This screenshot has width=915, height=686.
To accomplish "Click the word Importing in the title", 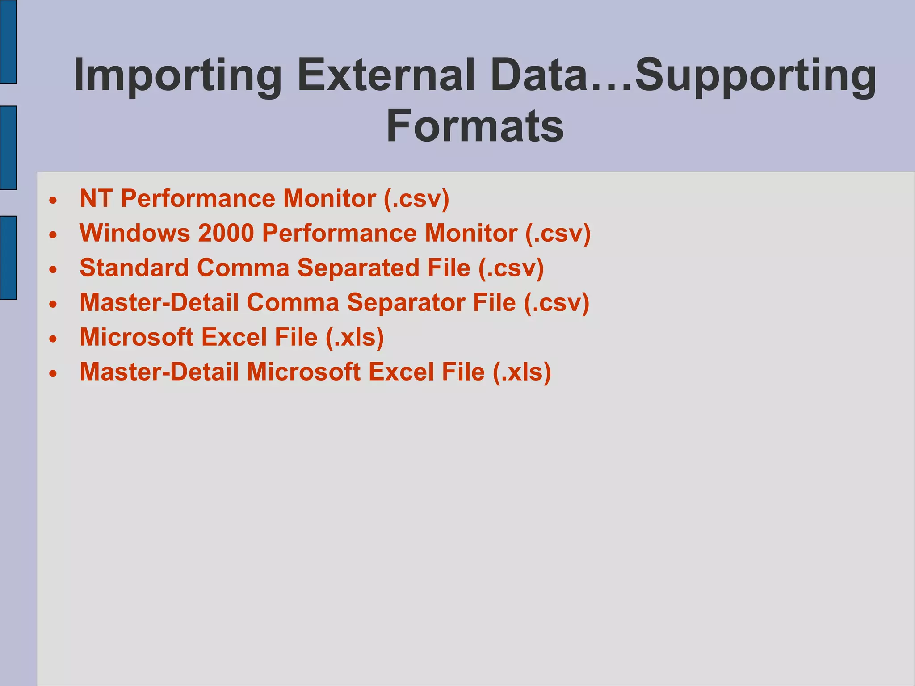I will pos(177,76).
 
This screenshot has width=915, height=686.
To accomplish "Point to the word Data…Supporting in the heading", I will pos(683,76).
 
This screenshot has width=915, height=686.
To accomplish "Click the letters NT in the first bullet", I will pos(95,198).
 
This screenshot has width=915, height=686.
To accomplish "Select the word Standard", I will pos(134,268).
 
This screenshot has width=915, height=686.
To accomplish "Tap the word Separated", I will pos(358,268).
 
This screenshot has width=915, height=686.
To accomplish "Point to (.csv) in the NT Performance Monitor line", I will pos(416,199).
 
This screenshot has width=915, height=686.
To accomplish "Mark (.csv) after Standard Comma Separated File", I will pos(511,268).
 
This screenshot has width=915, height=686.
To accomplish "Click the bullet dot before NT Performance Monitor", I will pos(54,200).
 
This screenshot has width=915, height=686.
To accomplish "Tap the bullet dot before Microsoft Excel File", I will pos(54,339).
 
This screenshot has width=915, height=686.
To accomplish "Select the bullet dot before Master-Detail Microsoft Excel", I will pos(54,373).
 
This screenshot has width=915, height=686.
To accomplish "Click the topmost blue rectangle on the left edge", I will pos(8,42).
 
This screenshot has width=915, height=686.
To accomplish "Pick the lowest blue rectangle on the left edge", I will pos(8,257).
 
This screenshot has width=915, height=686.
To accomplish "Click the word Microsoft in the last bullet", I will pos(304,372).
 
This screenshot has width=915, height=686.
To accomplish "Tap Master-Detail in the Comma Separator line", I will pos(159,303).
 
